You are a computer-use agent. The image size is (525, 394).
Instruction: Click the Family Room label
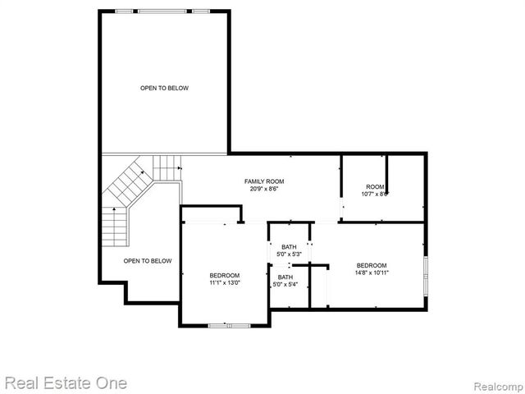tap(264, 181)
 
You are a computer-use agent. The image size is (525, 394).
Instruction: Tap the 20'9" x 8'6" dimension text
tap(264, 189)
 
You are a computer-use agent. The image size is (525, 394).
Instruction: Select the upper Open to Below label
tap(164, 88)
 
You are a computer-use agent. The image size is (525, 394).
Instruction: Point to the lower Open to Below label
tap(148, 261)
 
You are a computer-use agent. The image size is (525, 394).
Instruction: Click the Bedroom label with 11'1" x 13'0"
tap(224, 275)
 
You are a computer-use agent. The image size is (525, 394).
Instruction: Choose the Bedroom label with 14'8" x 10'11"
tap(372, 265)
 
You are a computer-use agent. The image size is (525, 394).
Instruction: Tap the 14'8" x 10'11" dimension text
tap(372, 273)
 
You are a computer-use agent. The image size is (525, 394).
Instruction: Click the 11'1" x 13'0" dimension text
tap(224, 283)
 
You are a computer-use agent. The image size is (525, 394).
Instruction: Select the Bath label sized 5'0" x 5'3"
tap(289, 247)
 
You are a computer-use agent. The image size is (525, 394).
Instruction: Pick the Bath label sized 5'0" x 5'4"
tap(285, 277)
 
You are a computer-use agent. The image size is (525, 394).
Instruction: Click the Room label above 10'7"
tap(374, 186)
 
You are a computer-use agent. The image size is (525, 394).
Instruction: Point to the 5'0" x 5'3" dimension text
tap(289, 254)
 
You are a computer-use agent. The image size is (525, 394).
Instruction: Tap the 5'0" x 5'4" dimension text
tap(285, 285)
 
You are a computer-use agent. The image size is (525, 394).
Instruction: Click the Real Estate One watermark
tap(66, 383)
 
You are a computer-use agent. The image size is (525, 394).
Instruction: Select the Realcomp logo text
tap(495, 384)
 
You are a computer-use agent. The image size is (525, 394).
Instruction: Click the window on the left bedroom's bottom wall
tap(229, 326)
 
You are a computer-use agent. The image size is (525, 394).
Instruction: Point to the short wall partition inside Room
tap(387, 176)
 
